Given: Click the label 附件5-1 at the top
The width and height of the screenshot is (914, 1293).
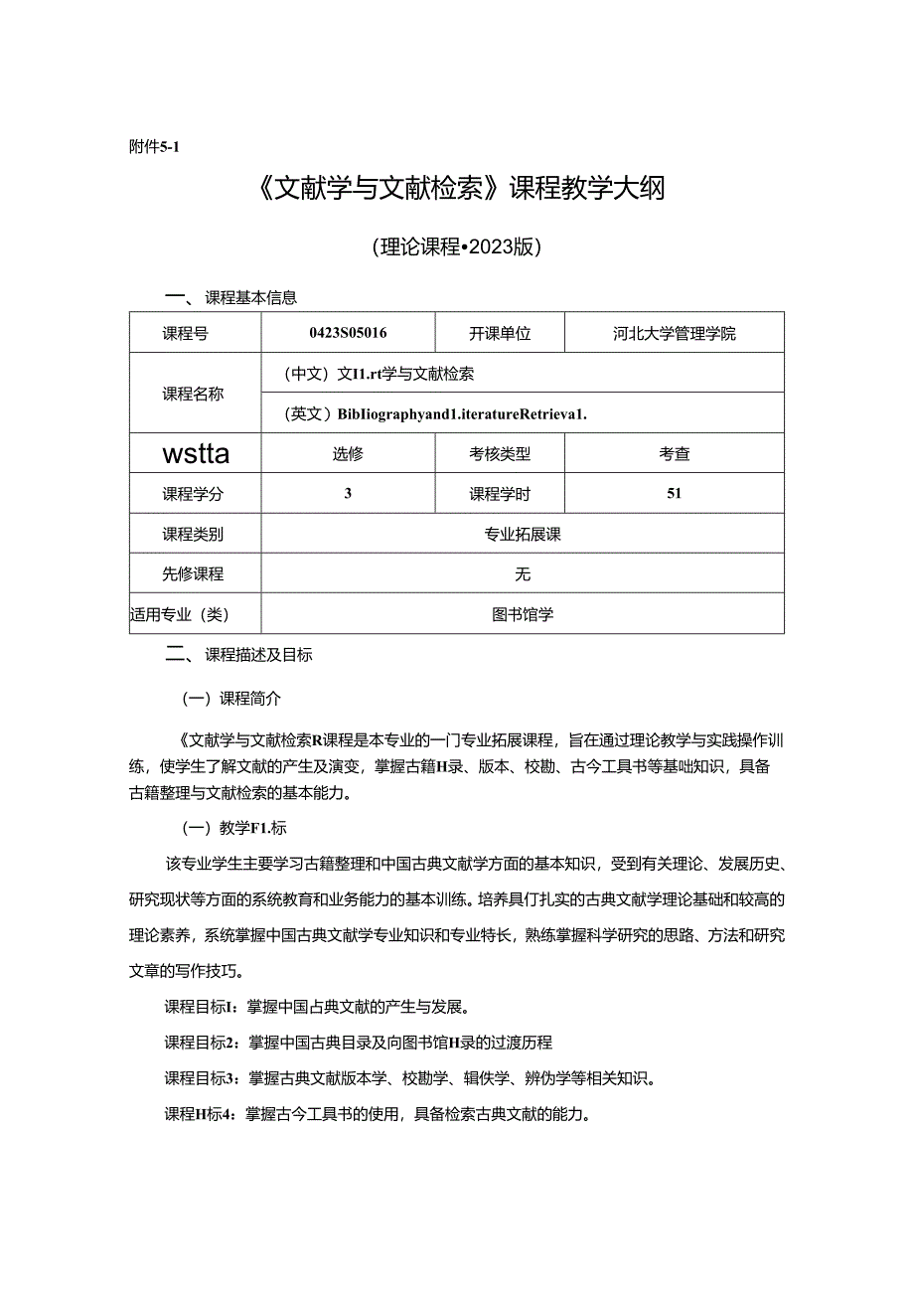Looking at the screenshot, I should [x=153, y=146].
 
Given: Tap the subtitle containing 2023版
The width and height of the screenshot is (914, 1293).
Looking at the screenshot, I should [x=456, y=247].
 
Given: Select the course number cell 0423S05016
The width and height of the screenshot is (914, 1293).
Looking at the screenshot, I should [x=348, y=334].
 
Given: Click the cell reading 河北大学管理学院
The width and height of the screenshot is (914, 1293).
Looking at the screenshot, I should [x=675, y=334].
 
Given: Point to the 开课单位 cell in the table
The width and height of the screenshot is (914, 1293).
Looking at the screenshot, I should [x=500, y=334].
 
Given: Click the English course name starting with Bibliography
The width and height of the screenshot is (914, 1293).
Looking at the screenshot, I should [x=435, y=414].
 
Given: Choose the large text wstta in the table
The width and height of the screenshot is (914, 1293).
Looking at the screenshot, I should [x=195, y=454].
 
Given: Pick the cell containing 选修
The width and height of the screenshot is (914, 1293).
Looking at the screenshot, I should [x=348, y=454].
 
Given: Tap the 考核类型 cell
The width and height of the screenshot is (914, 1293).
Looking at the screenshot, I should [x=500, y=454].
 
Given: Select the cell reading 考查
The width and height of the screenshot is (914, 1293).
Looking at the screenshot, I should [x=675, y=454].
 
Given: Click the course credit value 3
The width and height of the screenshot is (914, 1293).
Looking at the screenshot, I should [x=348, y=493].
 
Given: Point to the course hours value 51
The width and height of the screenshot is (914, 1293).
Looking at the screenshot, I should [x=675, y=493].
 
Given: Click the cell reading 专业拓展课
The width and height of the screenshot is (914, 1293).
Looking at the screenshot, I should [x=523, y=534].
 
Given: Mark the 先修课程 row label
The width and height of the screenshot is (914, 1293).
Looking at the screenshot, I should [x=194, y=573].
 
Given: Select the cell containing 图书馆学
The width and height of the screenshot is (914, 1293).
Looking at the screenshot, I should [x=523, y=614].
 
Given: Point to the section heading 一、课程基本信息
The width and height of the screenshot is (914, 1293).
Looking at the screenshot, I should [x=230, y=297].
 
